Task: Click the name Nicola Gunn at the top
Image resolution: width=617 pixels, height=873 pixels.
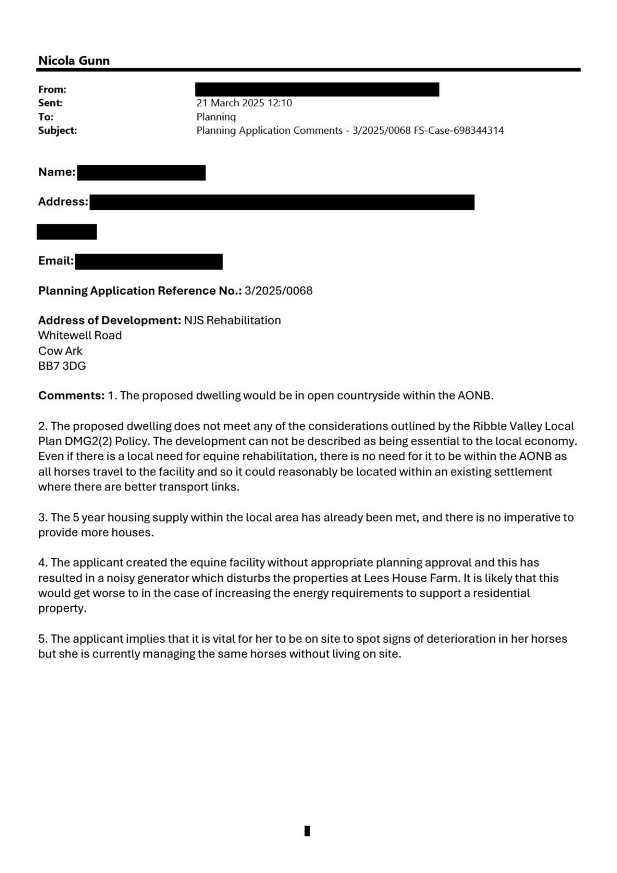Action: click(x=74, y=61)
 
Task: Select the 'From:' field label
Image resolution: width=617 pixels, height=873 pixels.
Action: click(x=52, y=89)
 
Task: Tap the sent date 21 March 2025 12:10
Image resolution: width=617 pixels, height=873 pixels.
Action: click(x=244, y=103)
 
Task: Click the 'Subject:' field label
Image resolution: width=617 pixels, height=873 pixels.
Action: click(x=57, y=130)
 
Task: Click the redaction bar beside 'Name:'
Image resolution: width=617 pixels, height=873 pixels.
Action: click(x=141, y=173)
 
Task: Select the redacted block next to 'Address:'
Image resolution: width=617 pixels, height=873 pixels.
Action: click(x=281, y=202)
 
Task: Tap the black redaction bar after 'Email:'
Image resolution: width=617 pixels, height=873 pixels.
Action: click(x=148, y=261)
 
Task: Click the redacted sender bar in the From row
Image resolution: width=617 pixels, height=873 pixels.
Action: click(x=317, y=89)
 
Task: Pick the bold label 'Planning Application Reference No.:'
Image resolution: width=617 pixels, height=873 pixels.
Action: click(x=140, y=291)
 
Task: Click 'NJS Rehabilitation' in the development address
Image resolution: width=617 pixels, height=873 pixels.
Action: click(x=232, y=320)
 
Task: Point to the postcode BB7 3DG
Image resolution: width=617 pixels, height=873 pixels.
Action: click(x=62, y=366)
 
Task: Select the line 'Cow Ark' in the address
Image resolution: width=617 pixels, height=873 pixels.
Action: click(x=60, y=351)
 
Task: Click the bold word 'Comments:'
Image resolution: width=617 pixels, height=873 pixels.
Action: click(x=71, y=396)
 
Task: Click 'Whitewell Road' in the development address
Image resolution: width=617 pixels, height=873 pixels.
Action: click(x=80, y=336)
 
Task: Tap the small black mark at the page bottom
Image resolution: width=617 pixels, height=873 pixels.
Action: click(x=307, y=831)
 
